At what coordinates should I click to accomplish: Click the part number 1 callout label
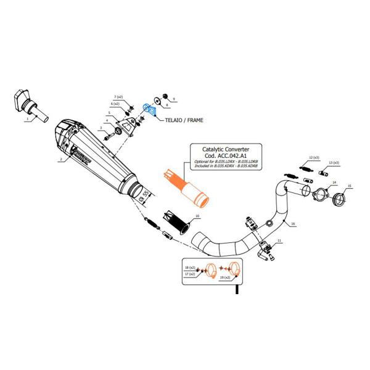(x=27, y=120)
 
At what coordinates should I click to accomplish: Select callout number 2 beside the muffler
(x=60, y=160)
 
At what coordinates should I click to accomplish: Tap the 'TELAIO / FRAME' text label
(x=184, y=120)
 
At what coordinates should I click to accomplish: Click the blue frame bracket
(x=149, y=110)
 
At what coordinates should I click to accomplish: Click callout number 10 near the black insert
(x=197, y=216)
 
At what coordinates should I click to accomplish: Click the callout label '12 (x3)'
(x=314, y=158)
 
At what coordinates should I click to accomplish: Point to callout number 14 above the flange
(x=334, y=183)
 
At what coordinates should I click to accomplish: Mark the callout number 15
(x=350, y=186)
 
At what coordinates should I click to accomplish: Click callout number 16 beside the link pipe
(x=294, y=223)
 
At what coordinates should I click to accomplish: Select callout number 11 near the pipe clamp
(x=279, y=240)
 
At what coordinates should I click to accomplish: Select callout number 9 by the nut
(x=174, y=99)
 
